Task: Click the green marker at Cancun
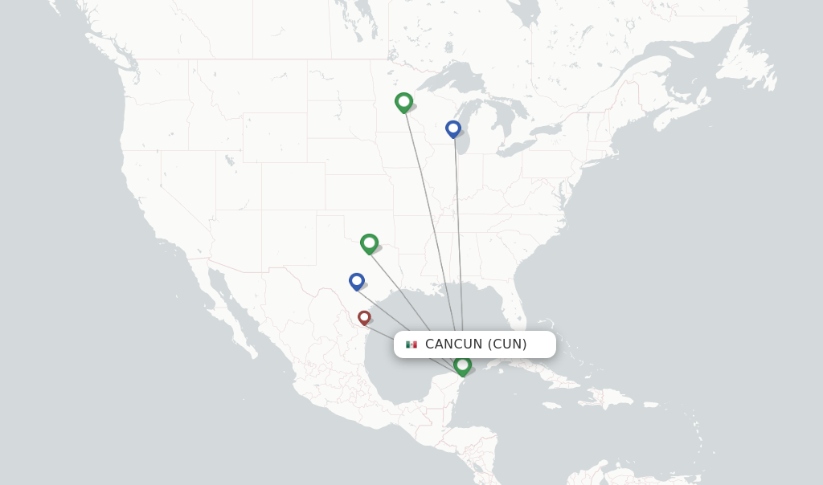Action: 462,365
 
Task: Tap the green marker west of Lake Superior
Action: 403,102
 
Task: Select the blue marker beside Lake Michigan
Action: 453,128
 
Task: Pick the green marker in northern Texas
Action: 369,243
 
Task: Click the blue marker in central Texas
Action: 357,281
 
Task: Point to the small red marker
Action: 364,317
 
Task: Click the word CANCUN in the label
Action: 453,344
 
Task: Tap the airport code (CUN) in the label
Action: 507,344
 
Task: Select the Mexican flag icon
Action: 411,344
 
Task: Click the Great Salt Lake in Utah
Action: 229,160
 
